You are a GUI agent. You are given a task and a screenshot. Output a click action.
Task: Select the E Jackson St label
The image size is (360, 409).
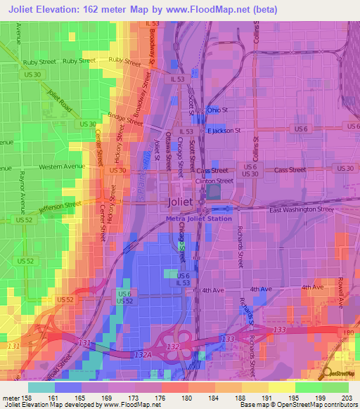(x=223, y=130)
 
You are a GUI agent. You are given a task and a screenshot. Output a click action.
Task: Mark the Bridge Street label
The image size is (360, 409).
(x=121, y=118)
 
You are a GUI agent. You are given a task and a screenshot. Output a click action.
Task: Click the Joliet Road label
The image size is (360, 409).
(x=60, y=105)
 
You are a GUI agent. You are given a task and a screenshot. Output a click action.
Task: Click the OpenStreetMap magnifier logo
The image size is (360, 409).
(x=328, y=373)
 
